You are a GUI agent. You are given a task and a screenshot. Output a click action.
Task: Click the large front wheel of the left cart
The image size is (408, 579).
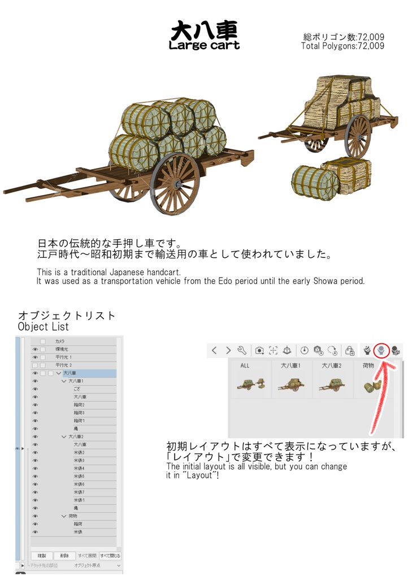175,183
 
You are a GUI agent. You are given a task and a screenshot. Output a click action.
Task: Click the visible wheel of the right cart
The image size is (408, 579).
358,136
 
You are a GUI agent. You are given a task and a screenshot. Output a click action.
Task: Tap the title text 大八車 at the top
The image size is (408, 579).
204,30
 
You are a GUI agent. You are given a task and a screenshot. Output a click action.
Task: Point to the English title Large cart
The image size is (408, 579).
204,45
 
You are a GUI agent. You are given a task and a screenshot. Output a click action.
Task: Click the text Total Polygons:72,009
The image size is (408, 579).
342,46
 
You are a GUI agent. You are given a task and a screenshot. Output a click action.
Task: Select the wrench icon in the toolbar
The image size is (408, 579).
242,350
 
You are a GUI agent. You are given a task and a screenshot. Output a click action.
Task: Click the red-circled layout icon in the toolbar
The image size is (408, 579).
382,350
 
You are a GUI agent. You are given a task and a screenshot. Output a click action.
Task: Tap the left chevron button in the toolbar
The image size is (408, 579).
214,350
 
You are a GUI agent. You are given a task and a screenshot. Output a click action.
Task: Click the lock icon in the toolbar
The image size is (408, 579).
350,350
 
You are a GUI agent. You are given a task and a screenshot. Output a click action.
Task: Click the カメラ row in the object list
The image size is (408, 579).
60,342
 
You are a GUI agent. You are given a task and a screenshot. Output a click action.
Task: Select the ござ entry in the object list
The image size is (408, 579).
76,389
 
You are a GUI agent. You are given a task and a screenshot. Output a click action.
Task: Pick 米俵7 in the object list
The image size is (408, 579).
79,492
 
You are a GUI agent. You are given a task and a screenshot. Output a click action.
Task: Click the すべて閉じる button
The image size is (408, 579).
110,556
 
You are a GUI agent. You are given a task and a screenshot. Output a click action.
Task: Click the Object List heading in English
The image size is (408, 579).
44,327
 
